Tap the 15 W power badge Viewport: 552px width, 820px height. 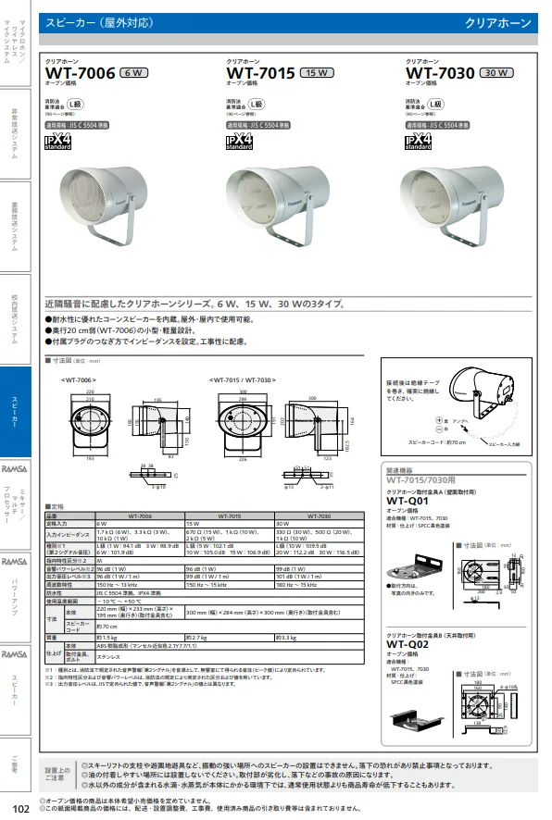coord(318,73)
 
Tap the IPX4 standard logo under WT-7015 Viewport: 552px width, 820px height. coord(239,140)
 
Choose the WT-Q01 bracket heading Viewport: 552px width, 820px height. coord(408,501)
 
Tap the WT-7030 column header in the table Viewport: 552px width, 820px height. coord(318,515)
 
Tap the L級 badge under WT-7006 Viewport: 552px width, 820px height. coord(89,105)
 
